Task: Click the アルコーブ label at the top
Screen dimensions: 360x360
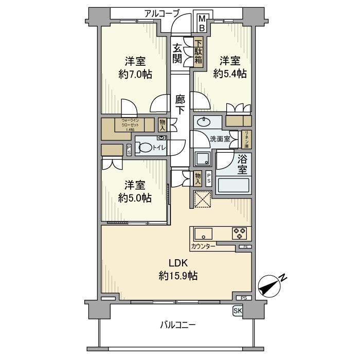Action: (x=161, y=14)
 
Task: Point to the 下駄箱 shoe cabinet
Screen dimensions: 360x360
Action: (x=199, y=53)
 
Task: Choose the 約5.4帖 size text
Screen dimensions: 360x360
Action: (x=230, y=73)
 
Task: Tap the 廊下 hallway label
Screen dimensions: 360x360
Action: (x=179, y=104)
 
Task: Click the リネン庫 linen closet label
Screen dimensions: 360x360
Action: (x=247, y=139)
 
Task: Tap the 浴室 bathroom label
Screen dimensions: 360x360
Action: (x=242, y=165)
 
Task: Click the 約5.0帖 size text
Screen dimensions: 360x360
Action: (x=135, y=197)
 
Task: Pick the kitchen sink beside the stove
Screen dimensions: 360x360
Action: (x=203, y=233)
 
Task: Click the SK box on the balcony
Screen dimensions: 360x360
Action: (x=237, y=311)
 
